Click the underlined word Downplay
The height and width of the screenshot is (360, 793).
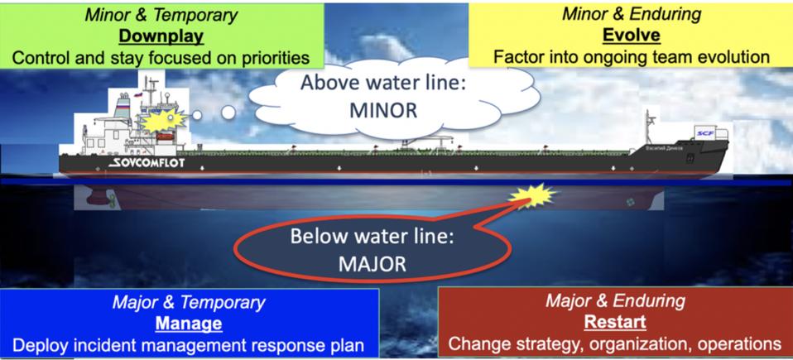coord(161,36)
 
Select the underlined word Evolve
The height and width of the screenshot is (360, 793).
coord(632,36)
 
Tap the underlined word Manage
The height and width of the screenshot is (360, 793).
coord(189,323)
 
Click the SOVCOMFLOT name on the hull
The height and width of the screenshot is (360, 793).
coord(147,163)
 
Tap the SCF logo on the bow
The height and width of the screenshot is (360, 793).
coord(705,134)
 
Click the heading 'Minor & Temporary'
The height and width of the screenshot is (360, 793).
coord(162,14)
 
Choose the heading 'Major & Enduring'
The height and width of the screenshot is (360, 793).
coord(614,300)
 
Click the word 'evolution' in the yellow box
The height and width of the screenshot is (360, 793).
coord(728,58)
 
